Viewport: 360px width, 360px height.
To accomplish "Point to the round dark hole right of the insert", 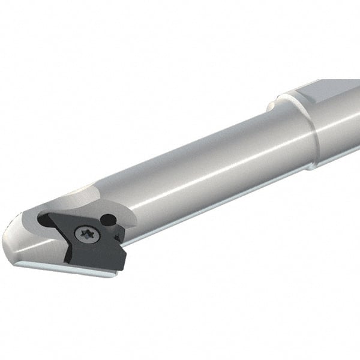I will coord(108,220).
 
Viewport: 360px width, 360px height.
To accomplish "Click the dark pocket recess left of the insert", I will coord(44,221).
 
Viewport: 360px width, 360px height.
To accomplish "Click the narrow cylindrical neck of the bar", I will coord(198,174).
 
